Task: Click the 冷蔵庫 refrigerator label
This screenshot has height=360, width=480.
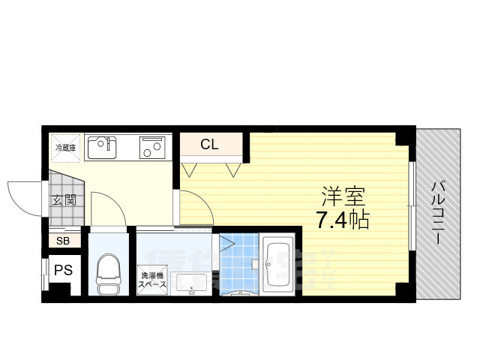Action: [x=64, y=148]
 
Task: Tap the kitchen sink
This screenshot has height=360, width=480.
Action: [x=103, y=147]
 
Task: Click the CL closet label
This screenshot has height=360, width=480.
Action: [x=209, y=145]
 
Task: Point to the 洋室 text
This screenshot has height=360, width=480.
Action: [x=343, y=197]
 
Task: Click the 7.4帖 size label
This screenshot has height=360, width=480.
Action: [x=343, y=220]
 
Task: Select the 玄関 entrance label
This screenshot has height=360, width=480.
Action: [x=63, y=200]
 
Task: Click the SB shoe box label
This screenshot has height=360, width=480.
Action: [x=63, y=241]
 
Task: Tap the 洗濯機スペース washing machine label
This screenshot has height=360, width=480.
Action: [x=153, y=280]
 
